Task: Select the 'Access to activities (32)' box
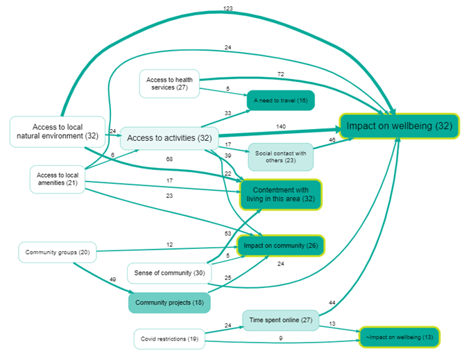(169, 138)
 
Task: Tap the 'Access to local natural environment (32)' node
(58, 131)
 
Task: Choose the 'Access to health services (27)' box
(170, 84)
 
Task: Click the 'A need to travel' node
(281, 100)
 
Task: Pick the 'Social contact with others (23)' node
(281, 157)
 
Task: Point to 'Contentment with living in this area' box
(280, 194)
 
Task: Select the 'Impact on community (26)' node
(280, 245)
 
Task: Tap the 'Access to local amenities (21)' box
(57, 179)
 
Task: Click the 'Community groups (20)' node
(57, 252)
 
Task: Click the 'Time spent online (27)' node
(280, 320)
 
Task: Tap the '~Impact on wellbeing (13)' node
(399, 337)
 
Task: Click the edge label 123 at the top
(228, 8)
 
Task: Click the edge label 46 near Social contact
(332, 140)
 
